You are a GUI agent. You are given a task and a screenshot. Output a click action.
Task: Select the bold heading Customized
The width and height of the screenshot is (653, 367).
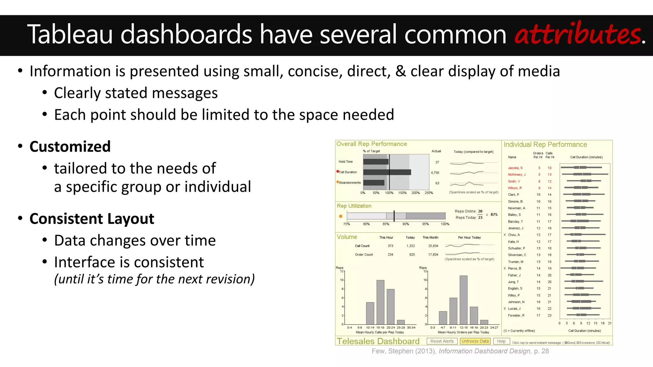click(x=70, y=147)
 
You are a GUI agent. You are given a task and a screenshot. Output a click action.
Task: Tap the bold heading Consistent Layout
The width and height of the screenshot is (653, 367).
click(x=92, y=219)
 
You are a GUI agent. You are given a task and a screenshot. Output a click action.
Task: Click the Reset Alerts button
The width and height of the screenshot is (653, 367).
click(x=442, y=341)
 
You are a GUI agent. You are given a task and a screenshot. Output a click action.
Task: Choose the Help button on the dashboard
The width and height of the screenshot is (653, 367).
click(x=501, y=341)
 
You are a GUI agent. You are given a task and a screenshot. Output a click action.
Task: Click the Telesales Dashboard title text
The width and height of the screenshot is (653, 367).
click(x=378, y=341)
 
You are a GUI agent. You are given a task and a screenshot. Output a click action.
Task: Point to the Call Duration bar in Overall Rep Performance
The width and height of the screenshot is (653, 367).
click(x=387, y=172)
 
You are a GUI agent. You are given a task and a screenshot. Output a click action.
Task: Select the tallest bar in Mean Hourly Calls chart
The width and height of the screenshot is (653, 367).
click(x=380, y=302)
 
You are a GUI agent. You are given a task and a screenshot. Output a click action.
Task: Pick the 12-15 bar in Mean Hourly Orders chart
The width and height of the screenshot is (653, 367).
click(x=464, y=300)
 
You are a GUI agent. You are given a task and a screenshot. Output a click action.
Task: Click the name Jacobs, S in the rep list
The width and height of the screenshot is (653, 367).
click(x=515, y=168)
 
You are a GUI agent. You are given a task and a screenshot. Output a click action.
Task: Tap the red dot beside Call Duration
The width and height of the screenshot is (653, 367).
click(x=338, y=171)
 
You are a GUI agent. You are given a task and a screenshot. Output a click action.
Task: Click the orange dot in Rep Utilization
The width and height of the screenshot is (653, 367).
click(x=341, y=216)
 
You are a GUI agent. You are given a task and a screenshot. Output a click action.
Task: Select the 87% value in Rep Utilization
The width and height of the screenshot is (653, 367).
click(x=494, y=215)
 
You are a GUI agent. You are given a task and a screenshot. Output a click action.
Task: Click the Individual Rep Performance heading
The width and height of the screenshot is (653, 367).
click(x=545, y=145)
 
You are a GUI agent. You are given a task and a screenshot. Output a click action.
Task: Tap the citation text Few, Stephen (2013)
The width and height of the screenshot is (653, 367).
click(x=404, y=351)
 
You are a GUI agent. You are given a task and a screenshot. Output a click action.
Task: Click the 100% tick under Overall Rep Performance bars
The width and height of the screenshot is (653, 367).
click(x=389, y=193)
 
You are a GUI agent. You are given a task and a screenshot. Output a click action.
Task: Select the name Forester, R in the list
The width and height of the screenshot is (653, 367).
click(x=516, y=315)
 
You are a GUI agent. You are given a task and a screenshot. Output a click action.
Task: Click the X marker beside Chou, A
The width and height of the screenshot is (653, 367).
click(x=505, y=235)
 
